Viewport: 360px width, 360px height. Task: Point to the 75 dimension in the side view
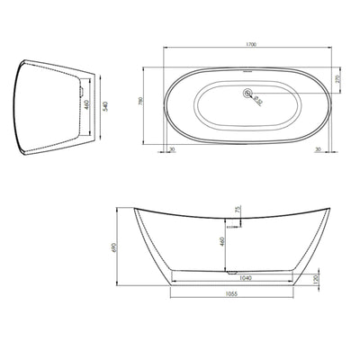pos(237,211)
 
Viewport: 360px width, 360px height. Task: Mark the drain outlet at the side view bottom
pos(232,270)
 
